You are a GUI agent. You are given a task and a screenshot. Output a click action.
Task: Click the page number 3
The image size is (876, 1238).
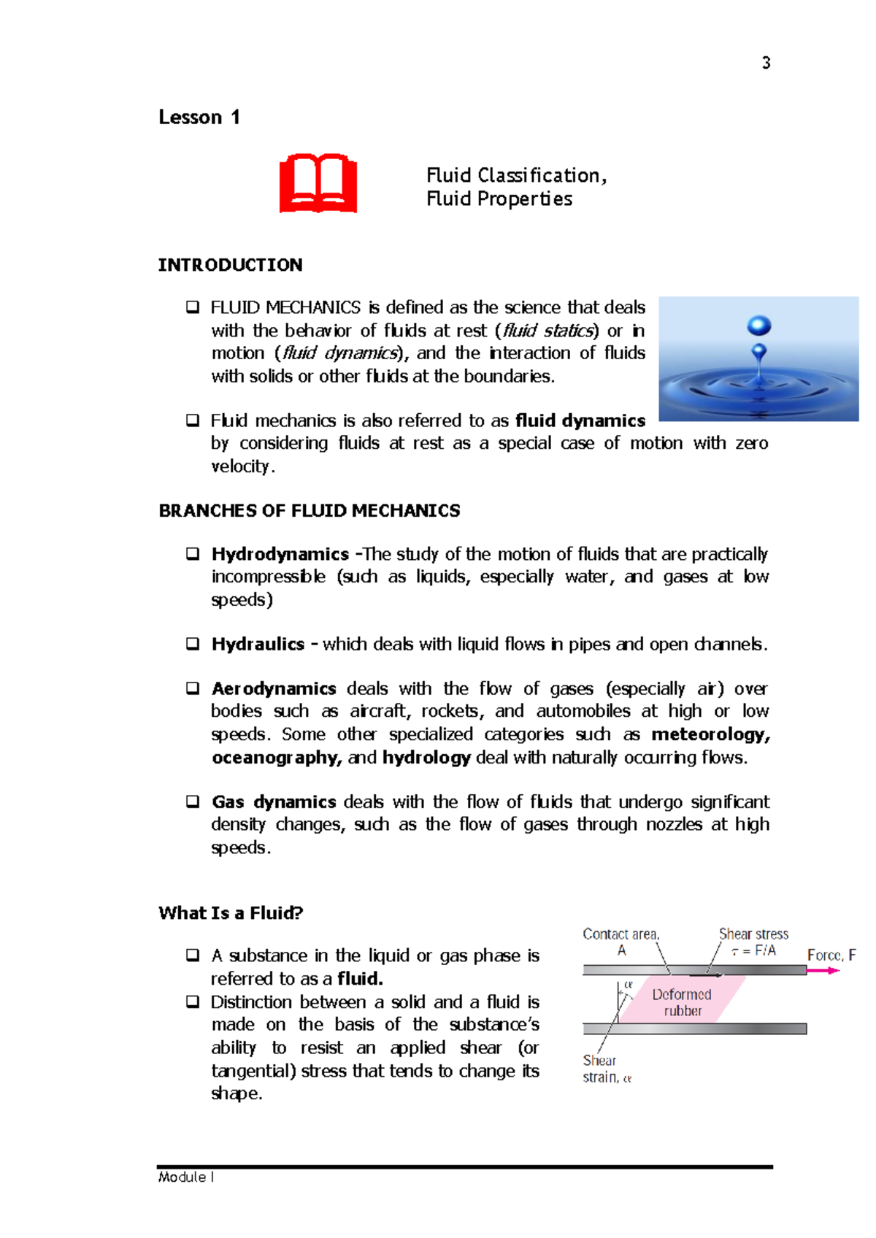point(766,63)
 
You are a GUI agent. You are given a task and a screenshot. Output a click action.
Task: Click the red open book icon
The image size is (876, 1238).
point(318,183)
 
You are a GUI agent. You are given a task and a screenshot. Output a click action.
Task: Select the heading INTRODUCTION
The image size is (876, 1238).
point(230,265)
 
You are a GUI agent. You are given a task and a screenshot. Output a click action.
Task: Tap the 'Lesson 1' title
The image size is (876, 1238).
point(199,118)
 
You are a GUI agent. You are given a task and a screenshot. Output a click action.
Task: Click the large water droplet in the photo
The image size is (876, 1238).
point(759,326)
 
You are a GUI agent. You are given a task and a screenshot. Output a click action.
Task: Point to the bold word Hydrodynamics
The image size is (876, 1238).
point(280,554)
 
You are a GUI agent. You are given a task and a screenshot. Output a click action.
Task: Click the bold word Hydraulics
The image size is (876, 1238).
point(258,644)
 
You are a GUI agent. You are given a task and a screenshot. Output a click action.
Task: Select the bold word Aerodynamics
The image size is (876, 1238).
point(274,688)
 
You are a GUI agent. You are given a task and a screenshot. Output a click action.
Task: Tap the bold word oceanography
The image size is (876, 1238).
point(277,758)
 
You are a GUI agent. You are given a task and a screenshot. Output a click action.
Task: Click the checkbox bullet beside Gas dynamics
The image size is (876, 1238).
point(193,801)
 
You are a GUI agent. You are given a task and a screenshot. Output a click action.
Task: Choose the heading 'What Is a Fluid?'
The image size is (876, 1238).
point(231,913)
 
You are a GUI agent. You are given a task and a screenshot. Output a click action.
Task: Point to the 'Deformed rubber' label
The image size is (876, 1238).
point(682,1002)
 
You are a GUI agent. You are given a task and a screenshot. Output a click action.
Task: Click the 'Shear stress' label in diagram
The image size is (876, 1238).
point(753,934)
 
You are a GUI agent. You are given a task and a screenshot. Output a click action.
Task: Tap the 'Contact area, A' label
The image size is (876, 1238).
point(620,941)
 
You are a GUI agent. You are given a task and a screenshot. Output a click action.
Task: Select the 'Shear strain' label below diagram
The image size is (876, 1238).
point(605,1069)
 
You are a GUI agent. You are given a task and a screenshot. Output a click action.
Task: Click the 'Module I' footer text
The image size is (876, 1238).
point(185,1177)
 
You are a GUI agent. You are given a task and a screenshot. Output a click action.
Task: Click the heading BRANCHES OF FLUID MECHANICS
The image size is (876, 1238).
point(310,511)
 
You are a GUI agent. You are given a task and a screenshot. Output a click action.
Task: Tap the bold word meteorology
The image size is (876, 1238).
point(710,734)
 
